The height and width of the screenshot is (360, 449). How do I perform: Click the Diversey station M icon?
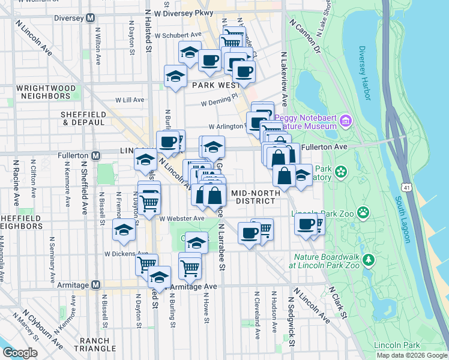tap(90, 18)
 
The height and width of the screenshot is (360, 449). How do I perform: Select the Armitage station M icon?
tap(95, 285)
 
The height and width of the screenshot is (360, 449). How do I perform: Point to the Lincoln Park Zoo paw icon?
tap(363, 212)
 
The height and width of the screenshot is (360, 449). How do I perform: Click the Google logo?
tap(20, 352)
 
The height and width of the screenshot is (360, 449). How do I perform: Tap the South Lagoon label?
tap(402, 219)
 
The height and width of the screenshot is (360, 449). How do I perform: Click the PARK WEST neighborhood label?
tap(215, 85)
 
